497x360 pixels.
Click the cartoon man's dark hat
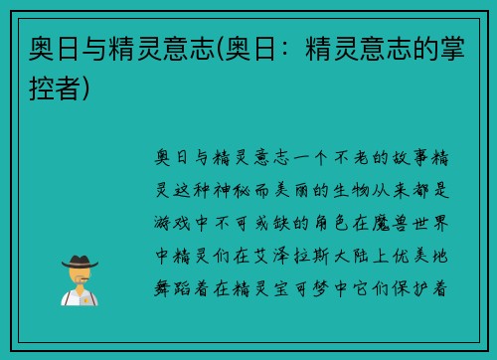(80, 262)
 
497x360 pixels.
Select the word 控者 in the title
(53, 87)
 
